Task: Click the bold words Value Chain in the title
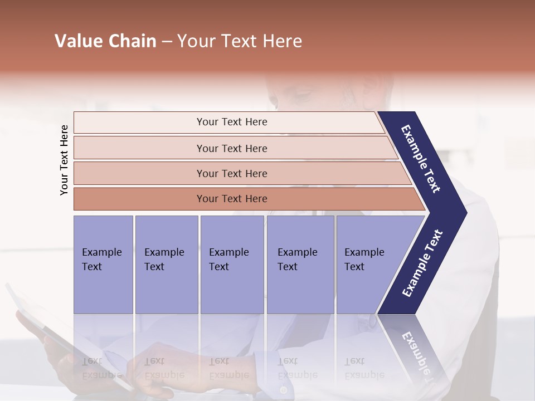point(105,41)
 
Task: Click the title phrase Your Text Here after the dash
point(240,41)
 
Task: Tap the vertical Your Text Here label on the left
point(64,160)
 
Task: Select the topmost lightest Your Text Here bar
point(232,122)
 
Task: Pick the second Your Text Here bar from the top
point(232,148)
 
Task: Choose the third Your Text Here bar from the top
point(232,173)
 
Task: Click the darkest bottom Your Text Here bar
point(232,199)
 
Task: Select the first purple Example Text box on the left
point(103,264)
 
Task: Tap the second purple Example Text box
point(166,264)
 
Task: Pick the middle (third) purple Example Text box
point(232,264)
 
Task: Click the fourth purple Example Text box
point(300,264)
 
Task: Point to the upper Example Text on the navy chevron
point(421,159)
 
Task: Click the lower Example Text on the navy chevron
point(422,263)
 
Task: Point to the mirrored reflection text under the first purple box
point(102,368)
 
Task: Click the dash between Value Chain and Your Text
point(167,42)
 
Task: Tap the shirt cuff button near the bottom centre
point(283,390)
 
